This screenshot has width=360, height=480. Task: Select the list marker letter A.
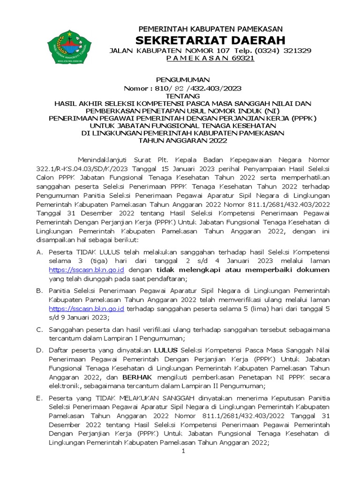(39, 252)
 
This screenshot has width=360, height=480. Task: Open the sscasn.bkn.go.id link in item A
(87, 270)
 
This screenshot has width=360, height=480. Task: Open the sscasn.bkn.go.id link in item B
(87, 308)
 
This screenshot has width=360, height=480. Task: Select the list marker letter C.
(39, 330)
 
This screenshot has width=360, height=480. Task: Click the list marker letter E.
(39, 398)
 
